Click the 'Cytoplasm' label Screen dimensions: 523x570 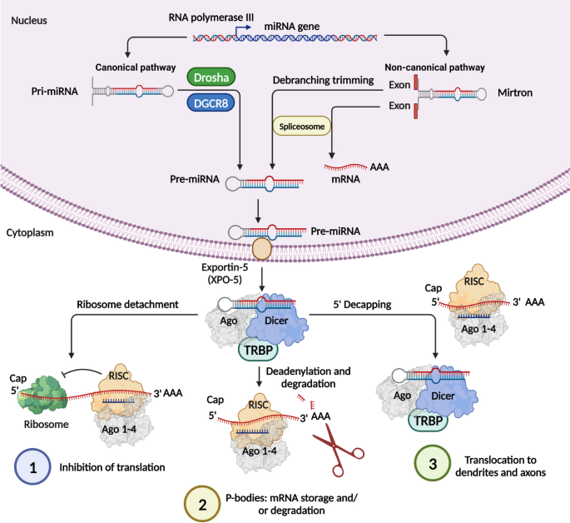(x=30, y=233)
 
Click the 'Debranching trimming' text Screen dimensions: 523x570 (x=325, y=80)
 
